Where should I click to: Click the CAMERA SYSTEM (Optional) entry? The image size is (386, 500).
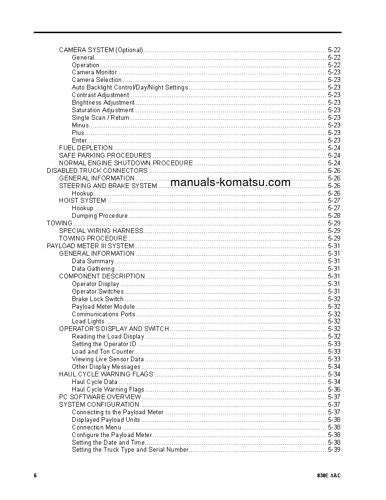pos(101,50)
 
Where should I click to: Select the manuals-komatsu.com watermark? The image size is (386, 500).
pos(230,183)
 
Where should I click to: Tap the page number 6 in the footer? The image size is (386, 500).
pos(35,475)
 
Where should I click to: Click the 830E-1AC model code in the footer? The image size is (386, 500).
pos(329,475)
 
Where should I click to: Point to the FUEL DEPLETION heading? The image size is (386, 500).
pos(86,148)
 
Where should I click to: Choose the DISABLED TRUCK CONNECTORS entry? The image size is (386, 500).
pos(97,170)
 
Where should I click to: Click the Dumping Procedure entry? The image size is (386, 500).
pos(100,215)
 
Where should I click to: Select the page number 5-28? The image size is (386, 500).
pos(333,215)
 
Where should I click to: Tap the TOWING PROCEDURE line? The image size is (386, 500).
pos(93,238)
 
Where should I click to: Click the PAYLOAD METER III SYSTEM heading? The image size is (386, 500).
pos(90,246)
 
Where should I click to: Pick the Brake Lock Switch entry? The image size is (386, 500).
pos(97,299)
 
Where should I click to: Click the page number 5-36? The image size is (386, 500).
pos(333,389)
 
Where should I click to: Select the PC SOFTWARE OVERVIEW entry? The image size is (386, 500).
pos(100,397)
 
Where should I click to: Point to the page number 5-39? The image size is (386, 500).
pos(333,449)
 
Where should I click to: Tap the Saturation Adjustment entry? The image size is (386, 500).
pos(103,110)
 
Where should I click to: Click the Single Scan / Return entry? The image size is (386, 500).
pos(100,117)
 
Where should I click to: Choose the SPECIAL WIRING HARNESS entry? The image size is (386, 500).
pos(101,231)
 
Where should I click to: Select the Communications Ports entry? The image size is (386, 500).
pos(104,314)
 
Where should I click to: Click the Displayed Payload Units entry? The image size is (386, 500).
pos(106,420)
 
